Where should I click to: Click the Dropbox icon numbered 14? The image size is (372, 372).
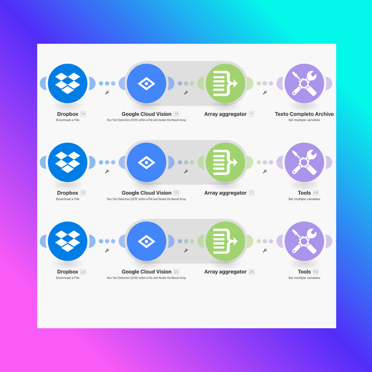(68, 83)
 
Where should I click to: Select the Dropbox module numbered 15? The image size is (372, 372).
(68, 162)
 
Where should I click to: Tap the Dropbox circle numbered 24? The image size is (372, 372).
(68, 241)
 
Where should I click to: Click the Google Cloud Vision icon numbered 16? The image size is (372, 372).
(146, 83)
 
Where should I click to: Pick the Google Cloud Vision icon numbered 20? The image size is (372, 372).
(146, 162)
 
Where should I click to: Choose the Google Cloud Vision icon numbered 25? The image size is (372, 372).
(146, 241)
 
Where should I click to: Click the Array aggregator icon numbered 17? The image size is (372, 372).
(226, 83)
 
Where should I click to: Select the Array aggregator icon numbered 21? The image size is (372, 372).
(226, 162)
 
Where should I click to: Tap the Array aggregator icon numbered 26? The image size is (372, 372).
(226, 241)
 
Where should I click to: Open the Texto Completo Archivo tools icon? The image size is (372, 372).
(304, 83)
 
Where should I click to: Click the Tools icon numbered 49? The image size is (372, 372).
(304, 162)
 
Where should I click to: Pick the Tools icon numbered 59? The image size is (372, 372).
(304, 241)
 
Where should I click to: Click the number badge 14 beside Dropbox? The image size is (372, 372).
(83, 114)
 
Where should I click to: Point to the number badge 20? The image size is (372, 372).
(176, 193)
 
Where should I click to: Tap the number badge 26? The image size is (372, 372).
(251, 272)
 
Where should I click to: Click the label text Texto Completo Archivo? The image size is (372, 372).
(304, 114)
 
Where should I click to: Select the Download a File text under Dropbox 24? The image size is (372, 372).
(68, 278)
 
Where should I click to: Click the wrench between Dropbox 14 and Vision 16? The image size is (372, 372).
(107, 93)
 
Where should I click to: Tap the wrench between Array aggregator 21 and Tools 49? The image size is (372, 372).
(265, 171)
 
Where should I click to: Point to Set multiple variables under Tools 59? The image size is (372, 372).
(304, 278)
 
